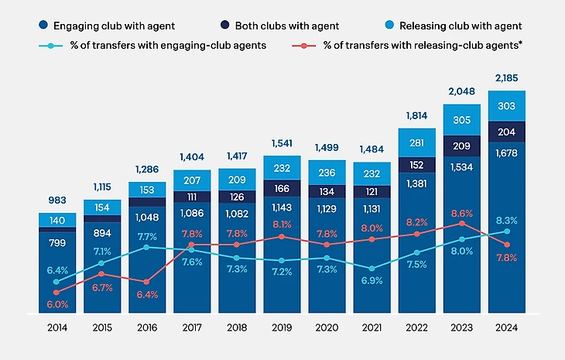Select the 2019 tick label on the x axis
(x=282, y=327)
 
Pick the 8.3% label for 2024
(x=507, y=221)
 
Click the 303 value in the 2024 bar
(x=507, y=105)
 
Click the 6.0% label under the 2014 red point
(x=57, y=304)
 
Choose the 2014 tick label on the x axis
(x=57, y=327)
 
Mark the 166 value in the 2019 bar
(x=282, y=188)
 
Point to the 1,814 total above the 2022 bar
(x=416, y=116)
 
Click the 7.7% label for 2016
(x=147, y=236)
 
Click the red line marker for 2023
(x=462, y=223)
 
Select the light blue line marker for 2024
(x=507, y=231)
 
